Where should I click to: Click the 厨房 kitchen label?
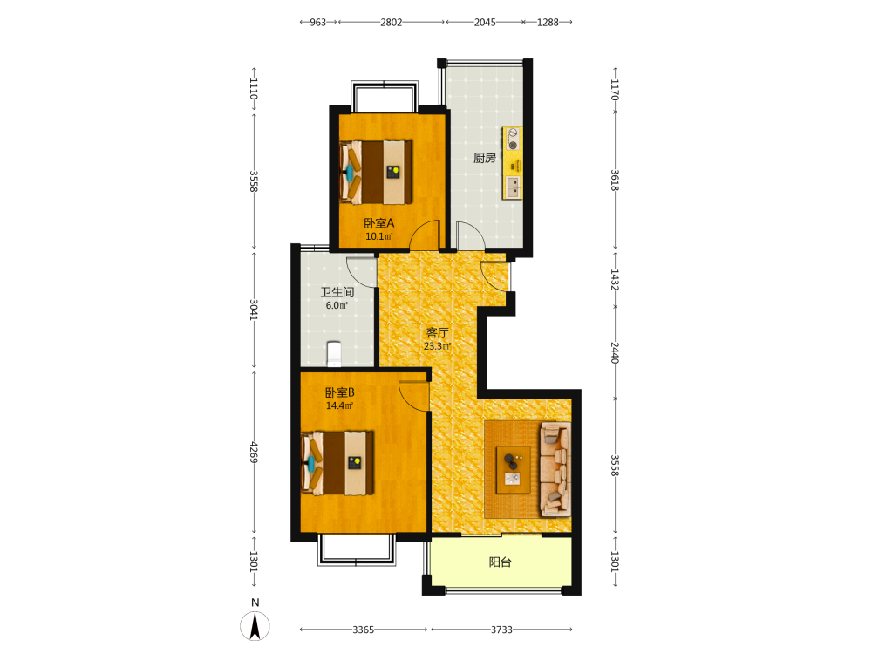pos(484,158)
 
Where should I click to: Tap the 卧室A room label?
pos(379,223)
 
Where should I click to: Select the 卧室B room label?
pos(340,392)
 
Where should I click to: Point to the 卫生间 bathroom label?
pos(337,292)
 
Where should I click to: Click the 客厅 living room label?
pos(437,332)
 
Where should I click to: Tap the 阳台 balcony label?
pos(500,562)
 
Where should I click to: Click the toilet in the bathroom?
pos(334,354)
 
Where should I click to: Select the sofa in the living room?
pos(555,469)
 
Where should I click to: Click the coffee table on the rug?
pos(514,470)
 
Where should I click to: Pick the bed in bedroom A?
pos(375,172)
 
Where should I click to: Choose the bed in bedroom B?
pos(337,463)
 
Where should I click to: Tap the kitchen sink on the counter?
pos(513,187)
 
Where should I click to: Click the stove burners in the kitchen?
pos(513,139)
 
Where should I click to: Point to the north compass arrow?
pos(255,626)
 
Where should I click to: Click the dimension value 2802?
pos(391,23)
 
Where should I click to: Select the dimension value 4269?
pos(254,452)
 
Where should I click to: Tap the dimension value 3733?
pos(501,630)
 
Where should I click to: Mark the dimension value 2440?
pos(615,352)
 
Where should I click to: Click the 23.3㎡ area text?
pos(437,346)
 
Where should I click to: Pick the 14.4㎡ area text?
pos(339,406)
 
